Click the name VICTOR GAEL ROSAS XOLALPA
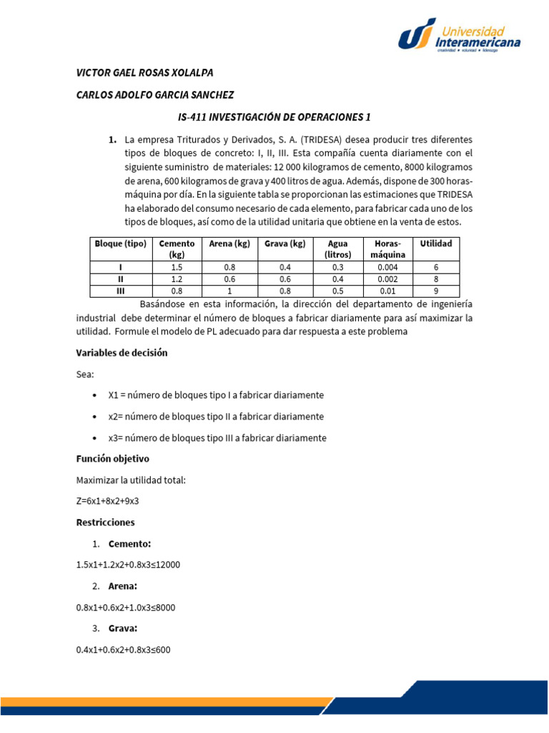click(144, 73)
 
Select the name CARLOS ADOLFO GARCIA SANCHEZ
click(154, 95)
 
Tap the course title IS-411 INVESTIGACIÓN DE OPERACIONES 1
click(274, 117)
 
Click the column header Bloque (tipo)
click(120, 243)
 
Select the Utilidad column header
click(436, 243)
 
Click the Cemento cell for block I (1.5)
click(177, 267)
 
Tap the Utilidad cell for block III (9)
click(436, 291)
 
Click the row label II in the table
click(120, 279)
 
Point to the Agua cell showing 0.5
click(337, 291)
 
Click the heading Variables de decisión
click(122, 353)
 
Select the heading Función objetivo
click(112, 459)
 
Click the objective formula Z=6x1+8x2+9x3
click(107, 501)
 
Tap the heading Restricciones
click(105, 523)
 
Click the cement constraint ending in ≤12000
click(128, 565)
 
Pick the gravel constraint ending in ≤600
click(123, 650)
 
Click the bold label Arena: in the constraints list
click(123, 586)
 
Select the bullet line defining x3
click(217, 437)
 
